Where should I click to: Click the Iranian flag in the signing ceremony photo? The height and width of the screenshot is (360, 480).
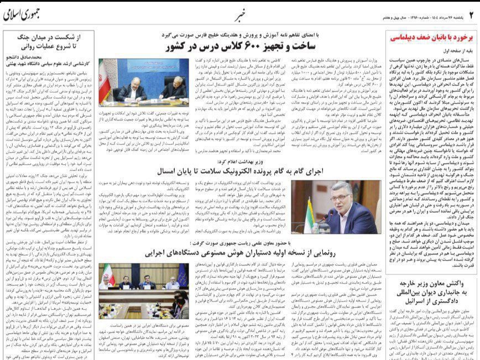[x=104, y=79]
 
